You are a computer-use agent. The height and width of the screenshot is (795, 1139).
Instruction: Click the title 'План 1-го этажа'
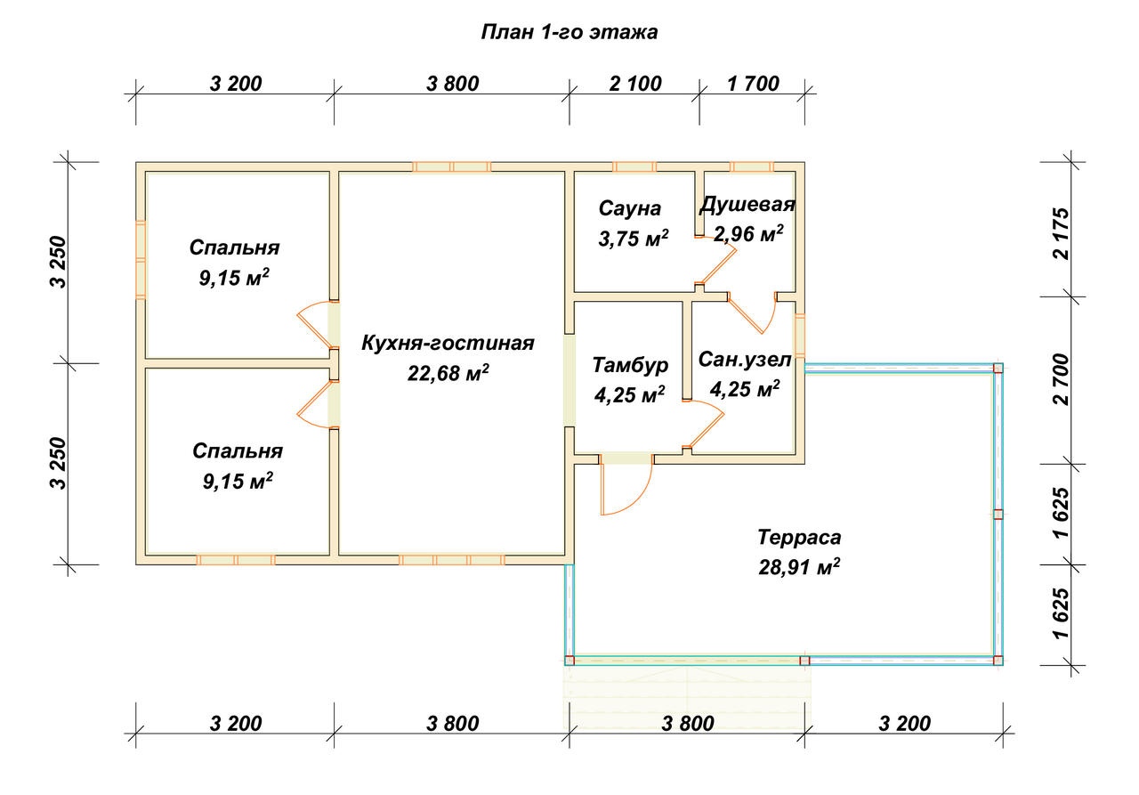coord(569,32)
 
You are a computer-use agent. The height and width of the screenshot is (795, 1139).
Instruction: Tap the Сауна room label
coord(629,208)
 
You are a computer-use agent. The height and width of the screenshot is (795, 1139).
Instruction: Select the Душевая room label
coord(747,204)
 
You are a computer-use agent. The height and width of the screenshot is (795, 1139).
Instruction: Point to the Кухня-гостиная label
coord(448,343)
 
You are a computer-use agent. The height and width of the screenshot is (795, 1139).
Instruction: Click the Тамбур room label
coord(630,365)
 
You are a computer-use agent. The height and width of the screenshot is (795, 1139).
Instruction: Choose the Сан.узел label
coord(745,360)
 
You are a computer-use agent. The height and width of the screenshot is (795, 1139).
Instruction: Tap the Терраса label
coord(799,537)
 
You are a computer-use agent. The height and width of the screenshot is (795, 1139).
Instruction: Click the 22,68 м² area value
coord(448,373)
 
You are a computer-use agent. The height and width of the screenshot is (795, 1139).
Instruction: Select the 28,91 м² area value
coord(799,566)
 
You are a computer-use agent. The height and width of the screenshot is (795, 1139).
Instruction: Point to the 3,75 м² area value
coord(633,238)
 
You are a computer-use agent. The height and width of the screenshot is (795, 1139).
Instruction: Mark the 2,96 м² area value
coord(748,234)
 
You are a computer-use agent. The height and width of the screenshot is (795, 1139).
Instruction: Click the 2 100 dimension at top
coord(635,84)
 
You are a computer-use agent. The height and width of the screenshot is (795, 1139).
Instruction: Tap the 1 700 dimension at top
coord(753,84)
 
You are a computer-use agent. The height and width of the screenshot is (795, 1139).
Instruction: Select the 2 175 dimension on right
coord(1062,233)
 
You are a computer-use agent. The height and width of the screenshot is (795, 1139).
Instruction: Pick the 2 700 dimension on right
coord(1062,379)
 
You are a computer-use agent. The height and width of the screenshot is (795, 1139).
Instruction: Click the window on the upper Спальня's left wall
coord(141,259)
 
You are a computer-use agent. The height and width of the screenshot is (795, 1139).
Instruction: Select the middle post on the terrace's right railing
coord(998,515)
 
